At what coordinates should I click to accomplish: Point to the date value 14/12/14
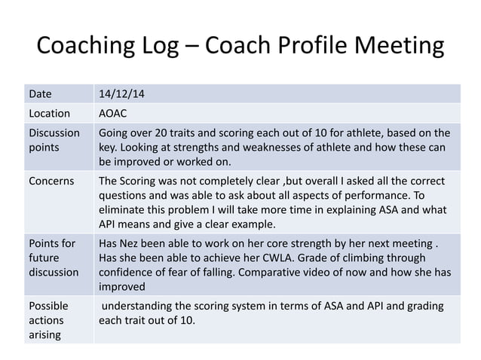tap(123, 95)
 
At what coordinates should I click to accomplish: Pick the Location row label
tap(50, 114)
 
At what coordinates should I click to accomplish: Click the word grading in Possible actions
tap(424, 307)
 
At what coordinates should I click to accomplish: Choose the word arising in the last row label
tap(44, 334)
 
